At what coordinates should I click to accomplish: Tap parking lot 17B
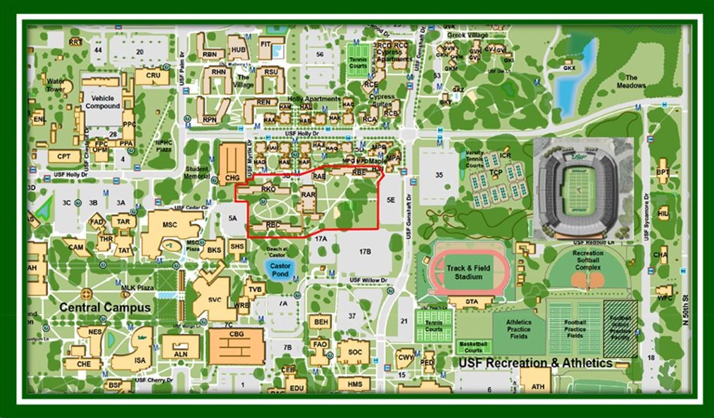point(365,252)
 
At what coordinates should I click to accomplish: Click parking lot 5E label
point(392,200)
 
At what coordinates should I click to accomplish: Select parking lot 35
point(439,174)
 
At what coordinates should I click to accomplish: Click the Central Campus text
point(105,307)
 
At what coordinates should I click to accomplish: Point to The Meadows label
point(631,82)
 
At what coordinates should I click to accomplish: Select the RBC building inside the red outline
point(274,225)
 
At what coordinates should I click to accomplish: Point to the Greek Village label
point(468,35)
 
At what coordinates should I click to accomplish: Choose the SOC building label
point(353,350)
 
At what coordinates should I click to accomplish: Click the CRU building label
point(153,75)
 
